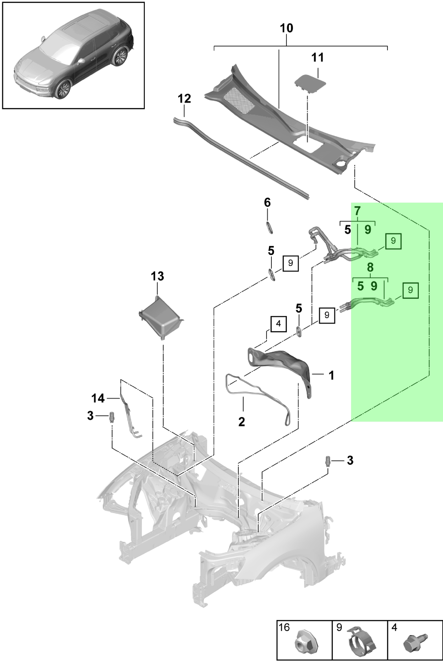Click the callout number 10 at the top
click(287, 28)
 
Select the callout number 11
click(318, 58)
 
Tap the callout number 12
click(184, 99)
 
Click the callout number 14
click(98, 398)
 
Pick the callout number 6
click(267, 203)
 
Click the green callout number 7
click(357, 211)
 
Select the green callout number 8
click(370, 267)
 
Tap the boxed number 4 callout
click(279, 324)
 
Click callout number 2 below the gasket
click(242, 422)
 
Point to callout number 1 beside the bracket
click(331, 375)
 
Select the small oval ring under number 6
click(269, 227)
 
